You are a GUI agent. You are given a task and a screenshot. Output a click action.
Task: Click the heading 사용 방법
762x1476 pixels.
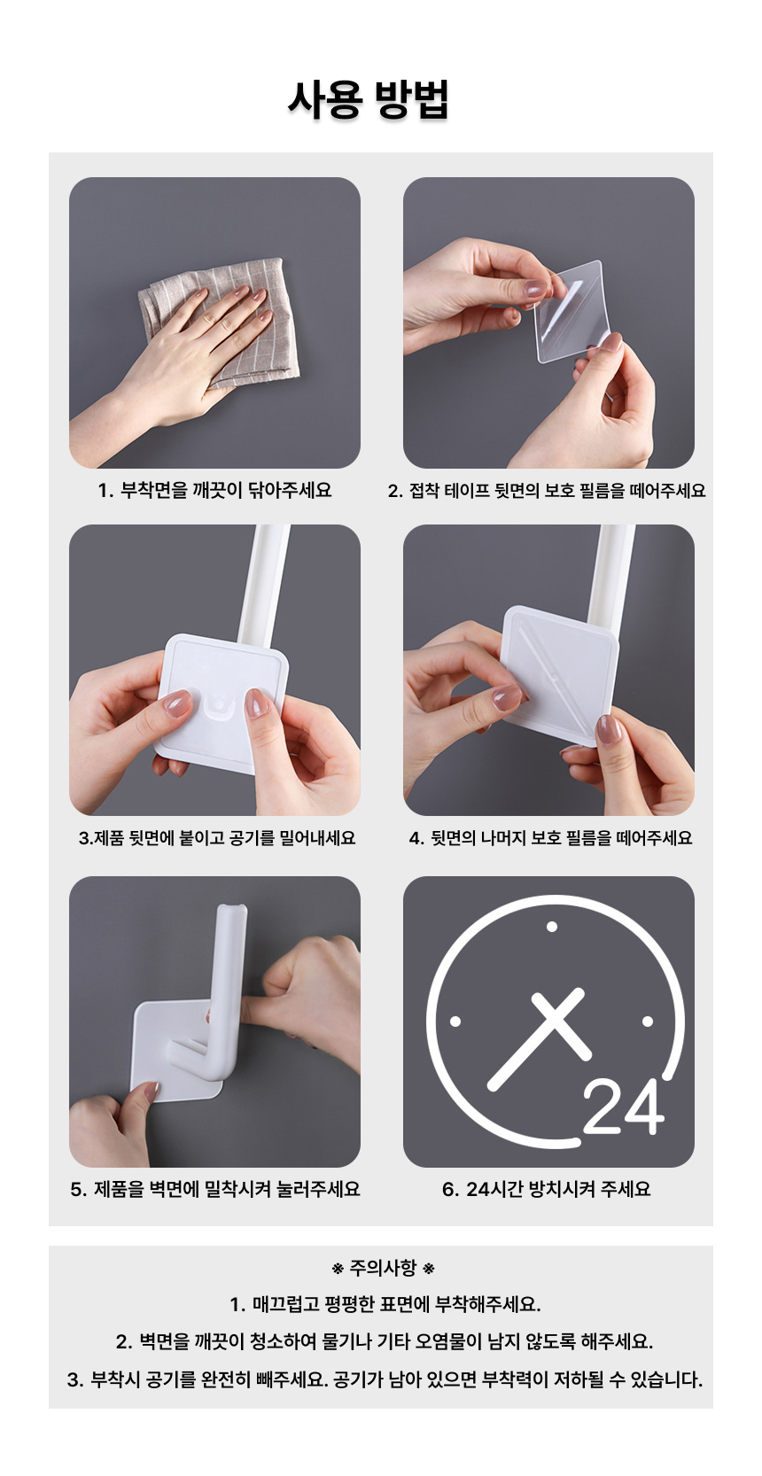click(x=368, y=100)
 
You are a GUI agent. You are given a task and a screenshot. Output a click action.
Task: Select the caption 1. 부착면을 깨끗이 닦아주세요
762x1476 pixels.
click(x=215, y=490)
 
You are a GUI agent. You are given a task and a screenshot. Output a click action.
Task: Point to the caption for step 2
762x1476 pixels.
click(x=547, y=490)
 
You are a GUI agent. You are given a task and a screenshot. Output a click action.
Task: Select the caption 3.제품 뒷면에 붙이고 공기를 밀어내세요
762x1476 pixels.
click(x=217, y=838)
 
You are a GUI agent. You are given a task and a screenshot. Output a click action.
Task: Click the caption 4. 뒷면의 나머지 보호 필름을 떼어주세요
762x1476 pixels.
click(x=550, y=838)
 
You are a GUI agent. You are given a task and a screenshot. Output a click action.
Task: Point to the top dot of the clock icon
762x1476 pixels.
click(x=552, y=927)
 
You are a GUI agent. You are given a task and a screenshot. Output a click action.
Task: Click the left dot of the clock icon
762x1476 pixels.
click(x=455, y=1022)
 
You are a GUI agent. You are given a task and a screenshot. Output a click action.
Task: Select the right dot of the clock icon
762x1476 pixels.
click(x=648, y=1022)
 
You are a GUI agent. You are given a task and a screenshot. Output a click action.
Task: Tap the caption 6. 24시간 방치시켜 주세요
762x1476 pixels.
click(x=547, y=1189)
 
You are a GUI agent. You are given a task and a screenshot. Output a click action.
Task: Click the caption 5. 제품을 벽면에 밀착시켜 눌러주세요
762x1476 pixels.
click(x=215, y=1189)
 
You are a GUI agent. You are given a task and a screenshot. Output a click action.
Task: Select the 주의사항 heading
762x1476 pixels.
click(x=383, y=1269)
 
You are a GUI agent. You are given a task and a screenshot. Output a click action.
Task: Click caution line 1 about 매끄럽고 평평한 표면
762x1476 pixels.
click(x=385, y=1305)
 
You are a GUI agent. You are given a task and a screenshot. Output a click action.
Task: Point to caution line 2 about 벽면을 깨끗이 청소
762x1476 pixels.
click(x=385, y=1341)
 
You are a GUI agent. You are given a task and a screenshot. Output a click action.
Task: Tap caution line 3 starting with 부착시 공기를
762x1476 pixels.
click(x=385, y=1379)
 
